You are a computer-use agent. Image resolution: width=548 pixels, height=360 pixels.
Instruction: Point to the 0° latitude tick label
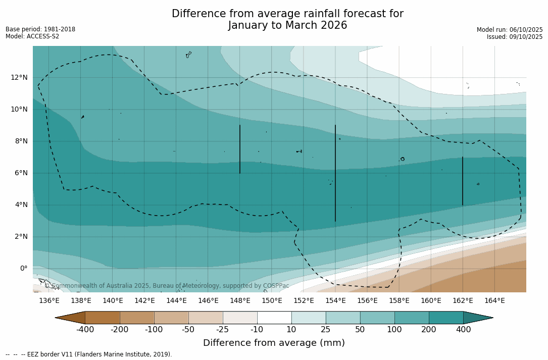pos(23,268)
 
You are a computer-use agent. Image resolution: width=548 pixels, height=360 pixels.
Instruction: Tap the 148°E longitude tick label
pos(240,300)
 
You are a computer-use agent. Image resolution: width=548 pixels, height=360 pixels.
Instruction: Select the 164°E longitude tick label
pos(494,300)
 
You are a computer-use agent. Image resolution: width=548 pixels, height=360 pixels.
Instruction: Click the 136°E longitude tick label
pos(49,300)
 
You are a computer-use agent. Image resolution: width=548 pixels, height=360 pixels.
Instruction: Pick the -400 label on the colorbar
pos(85,330)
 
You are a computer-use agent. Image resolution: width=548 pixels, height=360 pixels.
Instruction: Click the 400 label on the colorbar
pos(463,330)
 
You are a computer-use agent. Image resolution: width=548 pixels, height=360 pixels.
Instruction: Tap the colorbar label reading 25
pos(326,330)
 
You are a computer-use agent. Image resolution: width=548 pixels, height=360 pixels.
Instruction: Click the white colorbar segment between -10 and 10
pos(274,318)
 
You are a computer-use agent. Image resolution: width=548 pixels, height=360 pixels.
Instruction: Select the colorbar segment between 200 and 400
pos(446,318)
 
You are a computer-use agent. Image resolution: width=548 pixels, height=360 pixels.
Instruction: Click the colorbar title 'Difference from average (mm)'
pos(274,343)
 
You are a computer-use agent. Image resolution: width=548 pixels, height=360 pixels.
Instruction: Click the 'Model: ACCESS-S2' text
pos(32,36)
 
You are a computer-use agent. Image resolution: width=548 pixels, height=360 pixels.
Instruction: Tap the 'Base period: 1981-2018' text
pos(40,29)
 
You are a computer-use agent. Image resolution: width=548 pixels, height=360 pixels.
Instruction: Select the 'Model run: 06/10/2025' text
pos(510,30)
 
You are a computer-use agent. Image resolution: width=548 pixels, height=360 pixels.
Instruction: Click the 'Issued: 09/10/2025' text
pos(515,37)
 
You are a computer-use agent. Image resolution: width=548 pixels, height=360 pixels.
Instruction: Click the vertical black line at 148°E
pos(240,149)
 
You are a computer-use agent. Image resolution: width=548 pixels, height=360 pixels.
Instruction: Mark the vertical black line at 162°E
pos(463,181)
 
